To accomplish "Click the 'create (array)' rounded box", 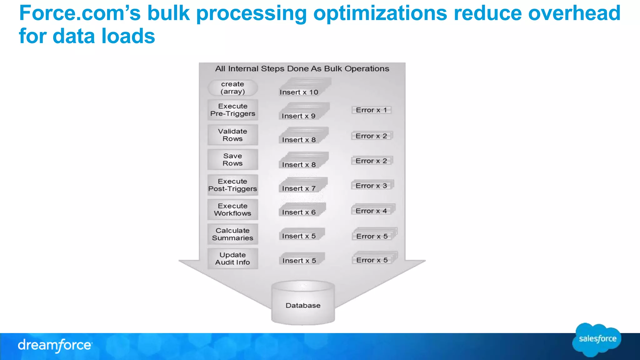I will [233, 88].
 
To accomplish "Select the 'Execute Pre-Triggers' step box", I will [233, 110].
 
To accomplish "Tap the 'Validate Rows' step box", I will [233, 135].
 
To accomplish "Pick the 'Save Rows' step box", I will [233, 160].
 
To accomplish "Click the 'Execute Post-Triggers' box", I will [233, 185].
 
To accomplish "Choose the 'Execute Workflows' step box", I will [233, 210].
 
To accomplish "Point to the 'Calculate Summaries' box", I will [233, 234].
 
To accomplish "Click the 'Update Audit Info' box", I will [233, 259].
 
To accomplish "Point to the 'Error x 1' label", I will [371, 110].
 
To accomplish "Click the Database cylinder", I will [303, 303].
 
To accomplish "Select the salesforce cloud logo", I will [597, 339].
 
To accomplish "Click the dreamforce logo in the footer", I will [55, 345].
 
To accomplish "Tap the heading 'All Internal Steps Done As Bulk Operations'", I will [302, 69].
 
